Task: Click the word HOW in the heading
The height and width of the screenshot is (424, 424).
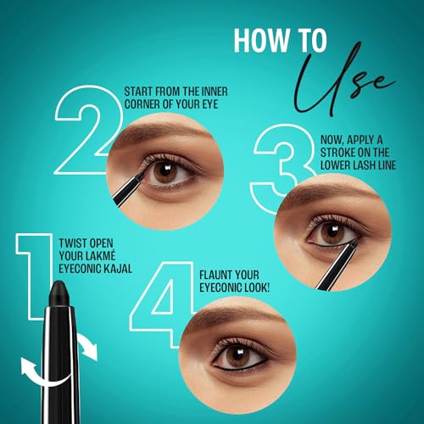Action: [x=255, y=42]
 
